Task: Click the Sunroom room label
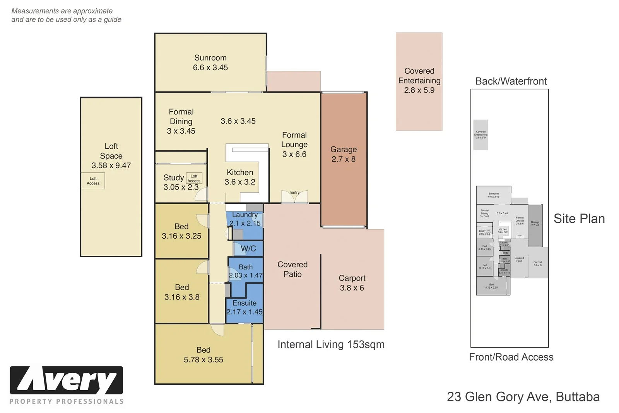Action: pos(210,58)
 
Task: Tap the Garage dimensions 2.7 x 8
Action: pos(343,159)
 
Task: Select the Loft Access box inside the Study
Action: pos(194,178)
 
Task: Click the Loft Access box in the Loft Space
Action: pos(93,181)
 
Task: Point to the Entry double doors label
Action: pos(295,193)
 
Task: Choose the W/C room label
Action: pos(248,249)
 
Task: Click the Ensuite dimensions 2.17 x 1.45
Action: pos(245,312)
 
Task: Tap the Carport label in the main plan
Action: pos(352,278)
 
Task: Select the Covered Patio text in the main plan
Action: pos(292,269)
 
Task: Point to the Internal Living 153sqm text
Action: pos(331,344)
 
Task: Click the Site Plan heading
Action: pos(579,219)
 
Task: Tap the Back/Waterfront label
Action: pos(511,81)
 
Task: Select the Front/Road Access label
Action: pos(511,357)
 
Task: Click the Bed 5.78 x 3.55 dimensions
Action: pos(203,360)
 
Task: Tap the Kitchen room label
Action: pos(240,172)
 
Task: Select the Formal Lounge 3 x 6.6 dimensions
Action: pos(294,154)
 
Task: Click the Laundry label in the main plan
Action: pos(245,215)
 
